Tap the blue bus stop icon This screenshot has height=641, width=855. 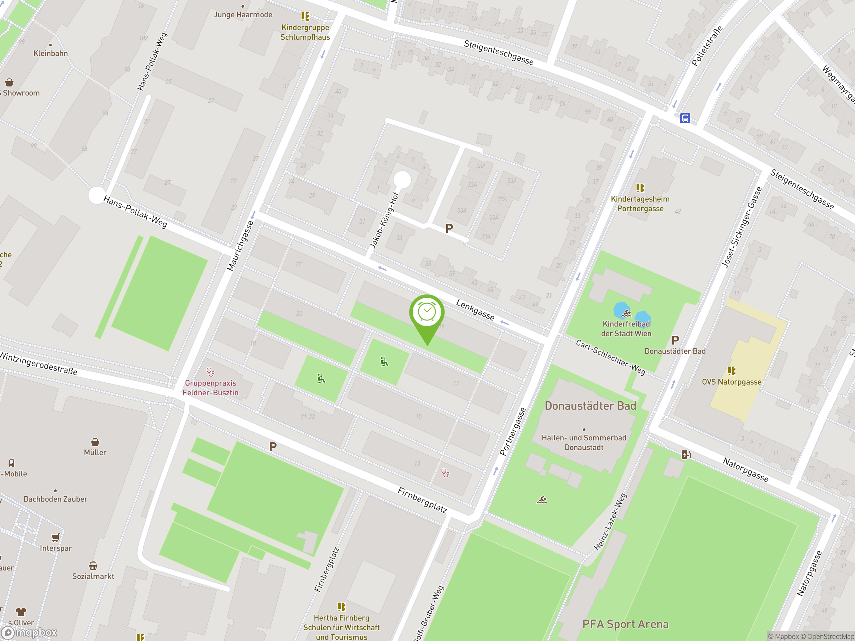coord(685,118)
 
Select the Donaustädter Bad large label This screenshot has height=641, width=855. coord(590,406)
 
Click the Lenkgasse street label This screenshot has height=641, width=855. coord(475,310)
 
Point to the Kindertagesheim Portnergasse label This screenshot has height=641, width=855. coord(640,204)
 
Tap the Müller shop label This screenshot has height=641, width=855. coord(95,452)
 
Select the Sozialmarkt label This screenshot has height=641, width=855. coord(93,576)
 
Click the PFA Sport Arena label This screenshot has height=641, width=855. coord(626,624)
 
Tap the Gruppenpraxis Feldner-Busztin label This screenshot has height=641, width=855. coord(210,388)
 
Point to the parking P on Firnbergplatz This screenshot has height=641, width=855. coord(273,447)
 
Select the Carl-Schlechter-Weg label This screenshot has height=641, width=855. coord(610,358)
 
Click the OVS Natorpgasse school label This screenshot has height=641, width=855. coord(731,382)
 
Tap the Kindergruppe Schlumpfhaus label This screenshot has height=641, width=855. coord(305,32)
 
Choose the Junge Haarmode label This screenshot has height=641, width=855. coord(243,15)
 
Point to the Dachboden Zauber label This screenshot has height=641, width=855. coord(55,499)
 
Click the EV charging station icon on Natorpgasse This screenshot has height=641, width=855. coord(686,454)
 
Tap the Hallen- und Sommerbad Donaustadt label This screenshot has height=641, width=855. coord(584,442)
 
